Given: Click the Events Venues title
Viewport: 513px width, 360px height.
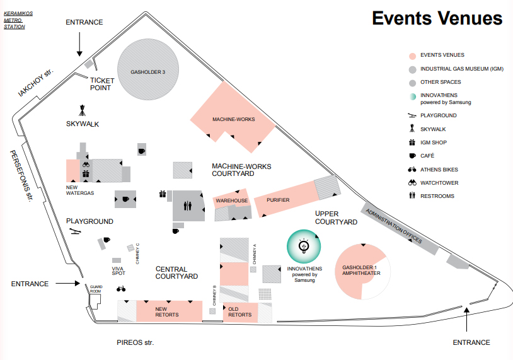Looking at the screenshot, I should click(x=437, y=18).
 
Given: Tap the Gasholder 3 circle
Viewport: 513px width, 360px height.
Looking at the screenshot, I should click(x=147, y=69).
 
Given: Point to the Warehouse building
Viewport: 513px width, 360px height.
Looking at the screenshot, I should click(x=232, y=200).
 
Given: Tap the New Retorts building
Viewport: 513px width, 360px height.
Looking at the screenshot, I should click(x=167, y=311).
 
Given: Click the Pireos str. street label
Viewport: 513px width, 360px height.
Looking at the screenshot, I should click(x=135, y=342).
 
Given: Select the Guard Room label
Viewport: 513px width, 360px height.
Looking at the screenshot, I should click(x=96, y=289).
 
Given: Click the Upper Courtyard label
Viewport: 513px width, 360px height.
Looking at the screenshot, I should click(x=337, y=218).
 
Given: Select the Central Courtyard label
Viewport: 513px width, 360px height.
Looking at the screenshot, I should click(x=177, y=272).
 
